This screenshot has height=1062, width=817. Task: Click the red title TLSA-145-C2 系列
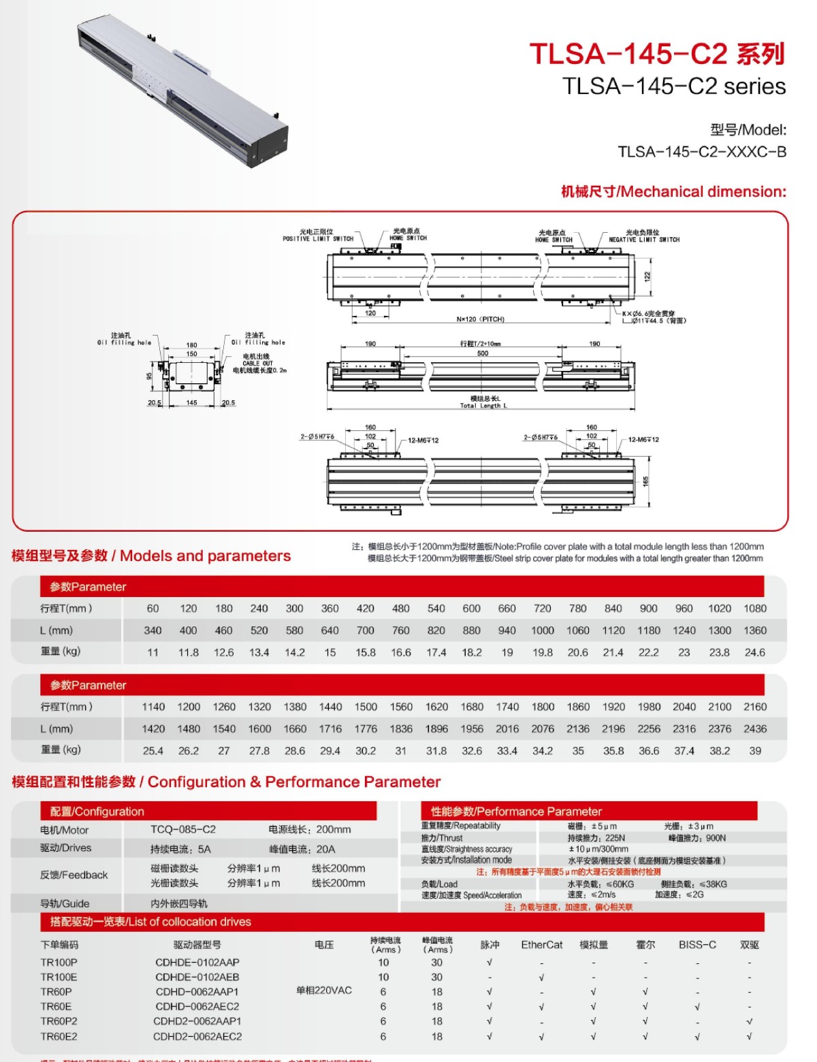click(x=657, y=54)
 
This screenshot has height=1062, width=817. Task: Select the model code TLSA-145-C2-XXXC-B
click(x=702, y=152)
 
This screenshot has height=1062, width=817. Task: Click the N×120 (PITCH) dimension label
click(x=481, y=319)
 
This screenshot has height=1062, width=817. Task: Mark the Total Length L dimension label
click(x=483, y=406)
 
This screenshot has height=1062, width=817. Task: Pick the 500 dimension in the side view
click(x=483, y=353)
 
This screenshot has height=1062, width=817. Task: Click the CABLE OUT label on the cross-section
click(x=258, y=364)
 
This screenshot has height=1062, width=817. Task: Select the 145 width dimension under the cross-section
click(x=192, y=403)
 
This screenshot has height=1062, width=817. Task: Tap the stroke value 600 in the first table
click(x=471, y=609)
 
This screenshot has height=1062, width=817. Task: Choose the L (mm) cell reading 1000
click(x=543, y=630)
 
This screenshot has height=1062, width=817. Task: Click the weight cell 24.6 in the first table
click(x=754, y=652)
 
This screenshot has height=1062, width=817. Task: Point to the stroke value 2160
click(x=754, y=707)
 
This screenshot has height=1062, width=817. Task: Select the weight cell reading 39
click(x=754, y=751)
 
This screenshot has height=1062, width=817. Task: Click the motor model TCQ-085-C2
click(x=183, y=829)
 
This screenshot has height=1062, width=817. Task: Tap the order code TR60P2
click(x=59, y=1021)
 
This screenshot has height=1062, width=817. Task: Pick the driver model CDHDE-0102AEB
click(x=197, y=977)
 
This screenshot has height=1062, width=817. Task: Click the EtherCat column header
click(x=542, y=945)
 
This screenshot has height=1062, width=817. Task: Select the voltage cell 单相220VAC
click(x=324, y=991)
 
